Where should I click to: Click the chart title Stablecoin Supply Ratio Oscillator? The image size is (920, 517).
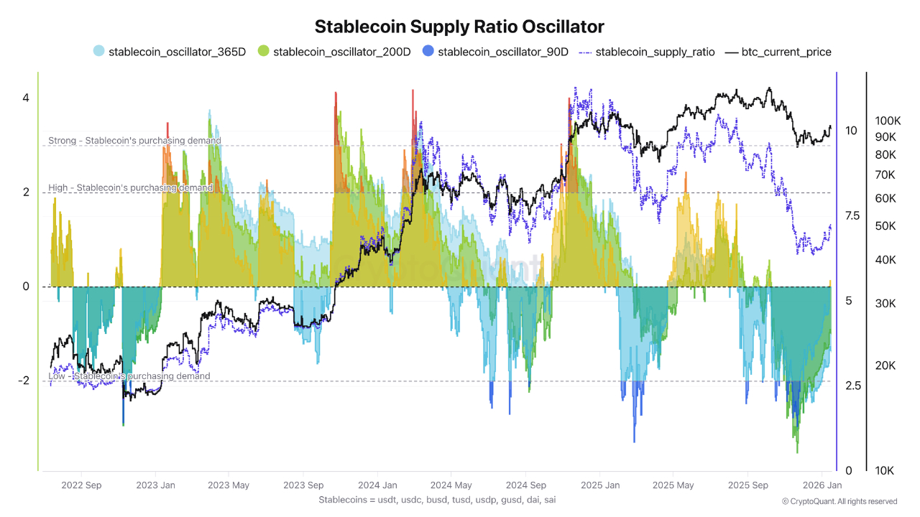point(459,27)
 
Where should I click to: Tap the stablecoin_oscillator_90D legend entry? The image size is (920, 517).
point(496,52)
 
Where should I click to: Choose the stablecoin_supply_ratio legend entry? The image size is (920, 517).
point(647,52)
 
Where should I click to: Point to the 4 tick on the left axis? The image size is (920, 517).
point(25,98)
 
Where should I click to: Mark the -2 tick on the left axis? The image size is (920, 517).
point(23,381)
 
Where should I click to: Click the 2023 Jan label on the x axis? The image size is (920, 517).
point(156,485)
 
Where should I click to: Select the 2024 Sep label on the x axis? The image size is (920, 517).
point(526,485)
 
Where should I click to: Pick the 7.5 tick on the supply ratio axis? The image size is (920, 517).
point(852,215)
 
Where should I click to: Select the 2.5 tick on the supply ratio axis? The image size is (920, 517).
point(852,386)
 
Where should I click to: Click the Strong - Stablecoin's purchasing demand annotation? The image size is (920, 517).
point(134,141)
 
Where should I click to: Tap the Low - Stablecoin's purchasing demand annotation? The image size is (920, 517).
point(129,376)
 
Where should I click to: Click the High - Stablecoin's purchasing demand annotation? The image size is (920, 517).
point(130,187)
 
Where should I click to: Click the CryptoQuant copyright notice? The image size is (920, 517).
point(839,501)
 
